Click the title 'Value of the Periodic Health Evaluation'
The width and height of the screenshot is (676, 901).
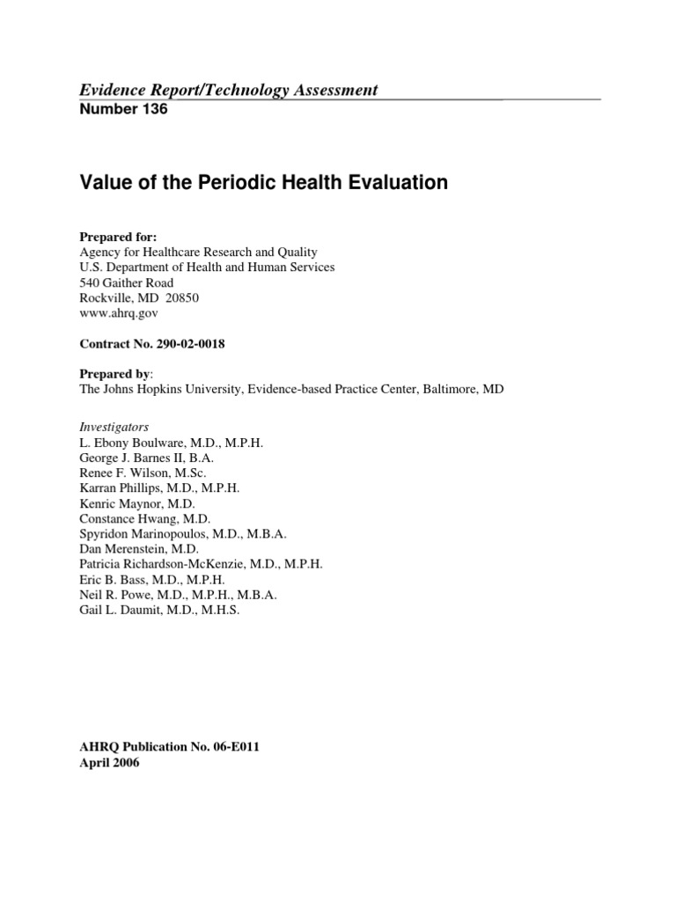264,183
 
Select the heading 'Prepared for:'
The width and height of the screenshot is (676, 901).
114,237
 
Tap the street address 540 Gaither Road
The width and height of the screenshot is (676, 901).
126,282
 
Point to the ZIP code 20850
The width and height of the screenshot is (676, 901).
182,297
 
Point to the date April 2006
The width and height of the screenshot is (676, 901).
109,763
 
